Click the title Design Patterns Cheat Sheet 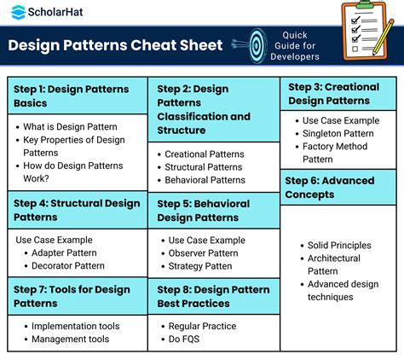(114, 46)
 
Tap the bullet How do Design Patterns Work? (75, 172)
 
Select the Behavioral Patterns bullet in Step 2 (205, 180)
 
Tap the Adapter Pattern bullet (67, 253)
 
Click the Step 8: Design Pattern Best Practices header (213, 296)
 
